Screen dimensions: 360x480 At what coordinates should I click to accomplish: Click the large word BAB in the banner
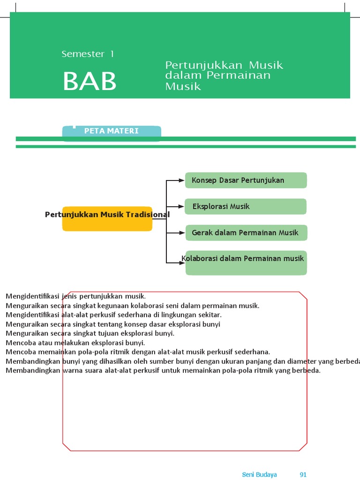point(90,81)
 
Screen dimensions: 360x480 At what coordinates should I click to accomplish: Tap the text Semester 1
point(88,54)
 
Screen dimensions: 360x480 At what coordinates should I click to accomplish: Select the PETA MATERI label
point(112,131)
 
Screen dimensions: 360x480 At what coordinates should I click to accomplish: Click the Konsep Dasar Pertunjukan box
point(246,180)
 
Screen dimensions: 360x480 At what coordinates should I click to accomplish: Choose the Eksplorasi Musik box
point(246,207)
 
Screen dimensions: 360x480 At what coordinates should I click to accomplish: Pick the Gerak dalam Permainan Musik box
point(246,232)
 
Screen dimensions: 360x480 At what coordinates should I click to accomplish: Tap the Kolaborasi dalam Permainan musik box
point(246,263)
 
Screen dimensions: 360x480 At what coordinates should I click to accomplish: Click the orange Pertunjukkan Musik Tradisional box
point(107,218)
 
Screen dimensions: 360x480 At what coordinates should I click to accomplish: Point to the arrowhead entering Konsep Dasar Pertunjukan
point(181,180)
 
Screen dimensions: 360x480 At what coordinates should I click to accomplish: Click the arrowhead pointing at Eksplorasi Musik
point(181,207)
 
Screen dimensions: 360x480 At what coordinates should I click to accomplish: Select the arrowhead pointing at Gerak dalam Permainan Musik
point(181,233)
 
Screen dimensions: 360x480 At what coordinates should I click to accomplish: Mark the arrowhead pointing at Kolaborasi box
point(181,262)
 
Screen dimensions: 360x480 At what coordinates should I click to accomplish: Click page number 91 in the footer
point(303,474)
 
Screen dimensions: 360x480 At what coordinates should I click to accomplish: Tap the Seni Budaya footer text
point(259,474)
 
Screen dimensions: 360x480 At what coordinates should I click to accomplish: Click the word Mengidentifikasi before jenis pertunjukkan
point(32,296)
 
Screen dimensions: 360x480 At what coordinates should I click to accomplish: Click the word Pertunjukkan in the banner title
point(204,66)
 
